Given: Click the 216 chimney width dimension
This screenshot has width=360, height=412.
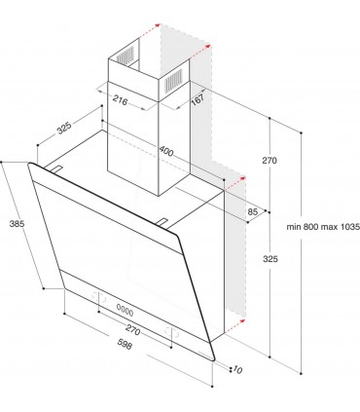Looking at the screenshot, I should [x=123, y=99].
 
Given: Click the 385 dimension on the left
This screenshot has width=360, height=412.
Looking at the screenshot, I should [x=16, y=225].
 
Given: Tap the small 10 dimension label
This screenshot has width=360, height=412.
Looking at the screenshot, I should [x=237, y=370].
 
